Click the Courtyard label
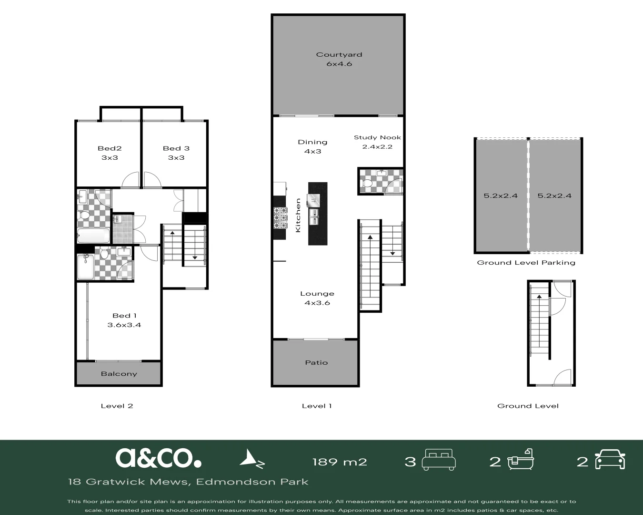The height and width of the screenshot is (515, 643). point(339,54)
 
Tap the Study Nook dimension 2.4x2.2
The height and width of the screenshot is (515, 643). point(377,147)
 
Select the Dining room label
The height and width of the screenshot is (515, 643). point(312,142)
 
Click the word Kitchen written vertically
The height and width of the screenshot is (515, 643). point(298,215)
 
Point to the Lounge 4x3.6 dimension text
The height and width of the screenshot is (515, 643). point(317,303)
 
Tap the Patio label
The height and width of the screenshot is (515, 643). point(316,362)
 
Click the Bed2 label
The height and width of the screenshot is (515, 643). point(110,148)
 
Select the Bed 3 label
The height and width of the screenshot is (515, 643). point(176,148)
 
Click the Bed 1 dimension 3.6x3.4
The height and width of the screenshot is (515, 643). point(124,325)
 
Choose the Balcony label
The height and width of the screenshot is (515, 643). point(119,374)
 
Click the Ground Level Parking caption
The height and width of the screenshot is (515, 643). point(526,263)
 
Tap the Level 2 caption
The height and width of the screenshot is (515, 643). point(117,406)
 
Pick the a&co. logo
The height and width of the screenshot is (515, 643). point(158,458)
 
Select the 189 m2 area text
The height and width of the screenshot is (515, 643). point(339,462)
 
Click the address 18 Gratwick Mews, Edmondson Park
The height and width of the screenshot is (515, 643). point(188,482)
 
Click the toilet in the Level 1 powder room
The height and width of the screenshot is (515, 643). point(367,183)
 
